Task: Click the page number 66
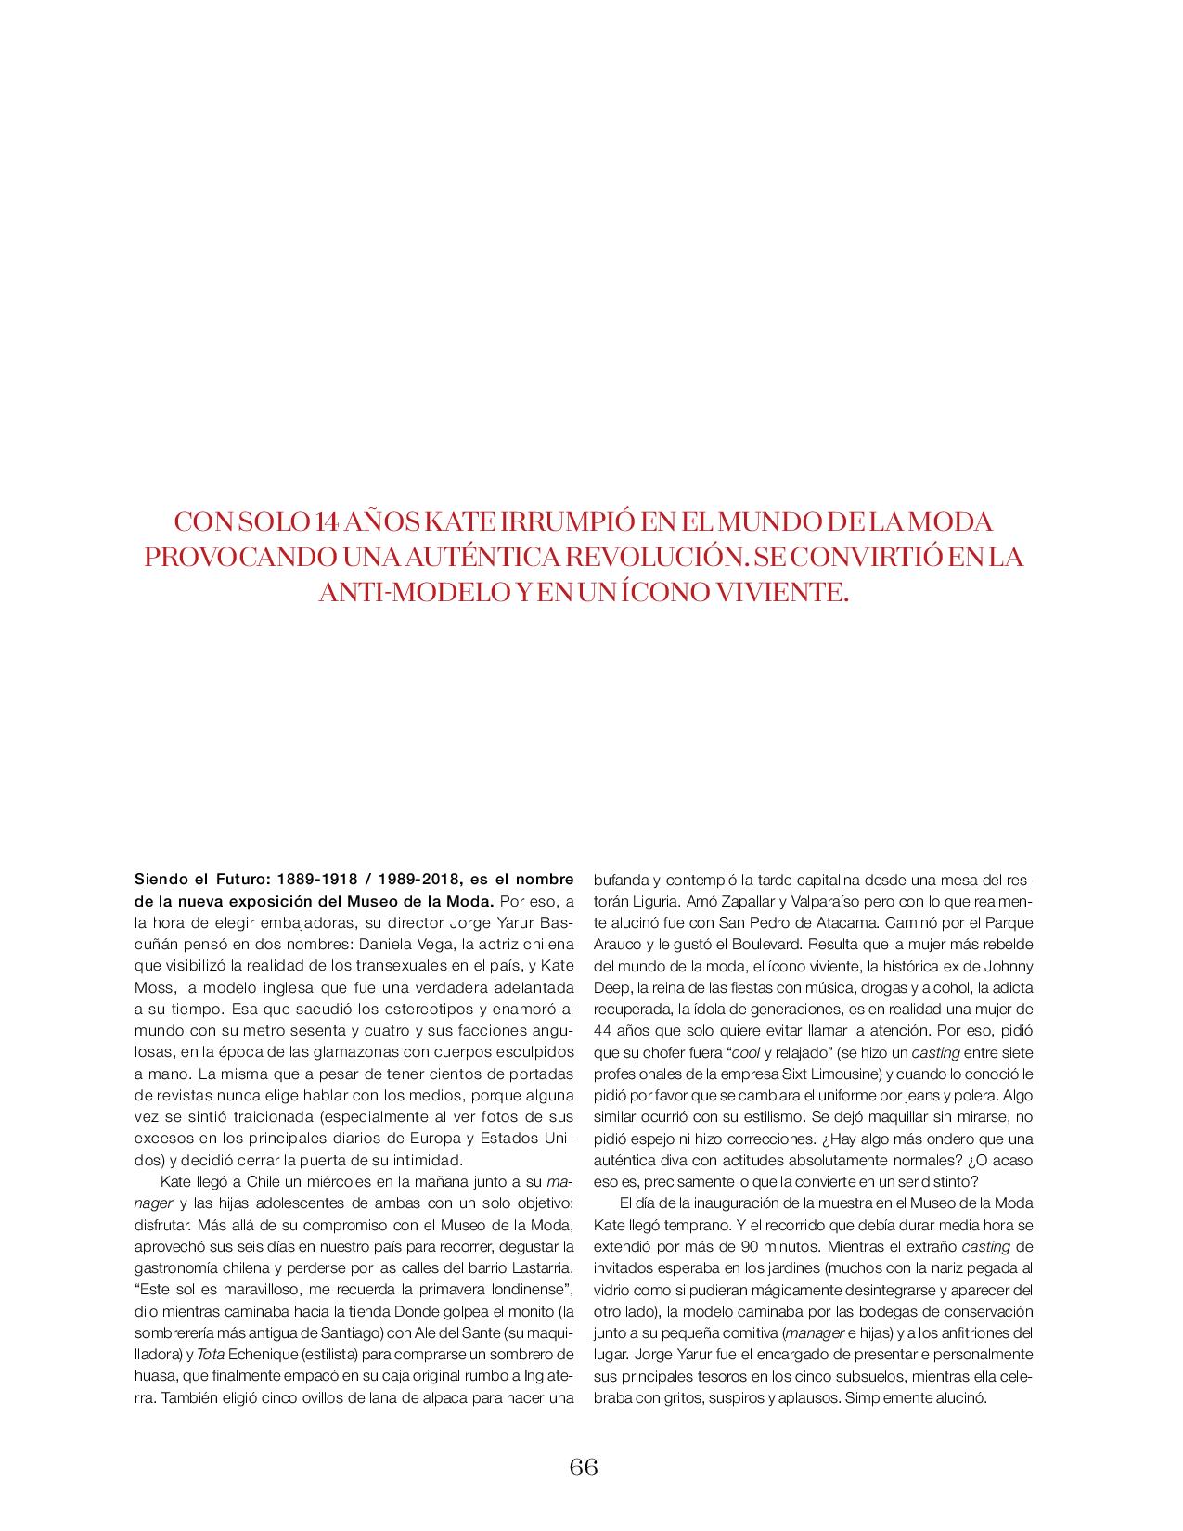584,1467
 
